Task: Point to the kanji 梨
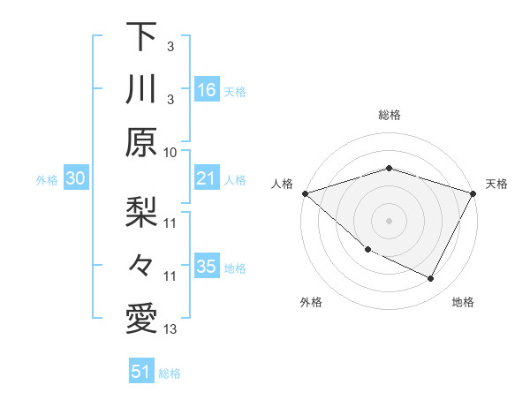pyautogui.click(x=141, y=212)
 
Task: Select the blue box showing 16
pyautogui.click(x=207, y=90)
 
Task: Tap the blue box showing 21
pyautogui.click(x=207, y=179)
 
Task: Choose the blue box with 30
pyautogui.click(x=76, y=179)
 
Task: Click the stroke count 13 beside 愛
pyautogui.click(x=170, y=330)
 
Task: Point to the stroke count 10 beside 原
pyautogui.click(x=170, y=152)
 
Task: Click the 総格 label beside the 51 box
pyautogui.click(x=170, y=373)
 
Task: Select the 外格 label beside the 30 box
pyautogui.click(x=47, y=180)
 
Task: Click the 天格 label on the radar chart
pyautogui.click(x=496, y=184)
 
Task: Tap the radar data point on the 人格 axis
pyautogui.click(x=305, y=192)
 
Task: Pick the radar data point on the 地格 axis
pyautogui.click(x=431, y=279)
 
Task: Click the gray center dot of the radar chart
pyautogui.click(x=389, y=220)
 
